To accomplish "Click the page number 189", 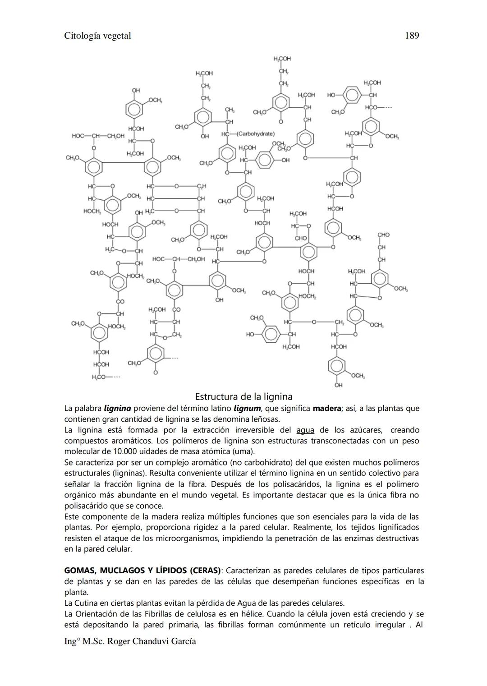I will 412,36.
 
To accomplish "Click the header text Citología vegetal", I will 97,36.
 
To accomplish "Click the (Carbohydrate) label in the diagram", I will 255,134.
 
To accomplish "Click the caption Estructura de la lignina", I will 243,397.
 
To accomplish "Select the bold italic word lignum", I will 247,409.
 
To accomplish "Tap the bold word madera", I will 327,409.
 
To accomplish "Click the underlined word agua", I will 305,430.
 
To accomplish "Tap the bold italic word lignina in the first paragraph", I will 117,409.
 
